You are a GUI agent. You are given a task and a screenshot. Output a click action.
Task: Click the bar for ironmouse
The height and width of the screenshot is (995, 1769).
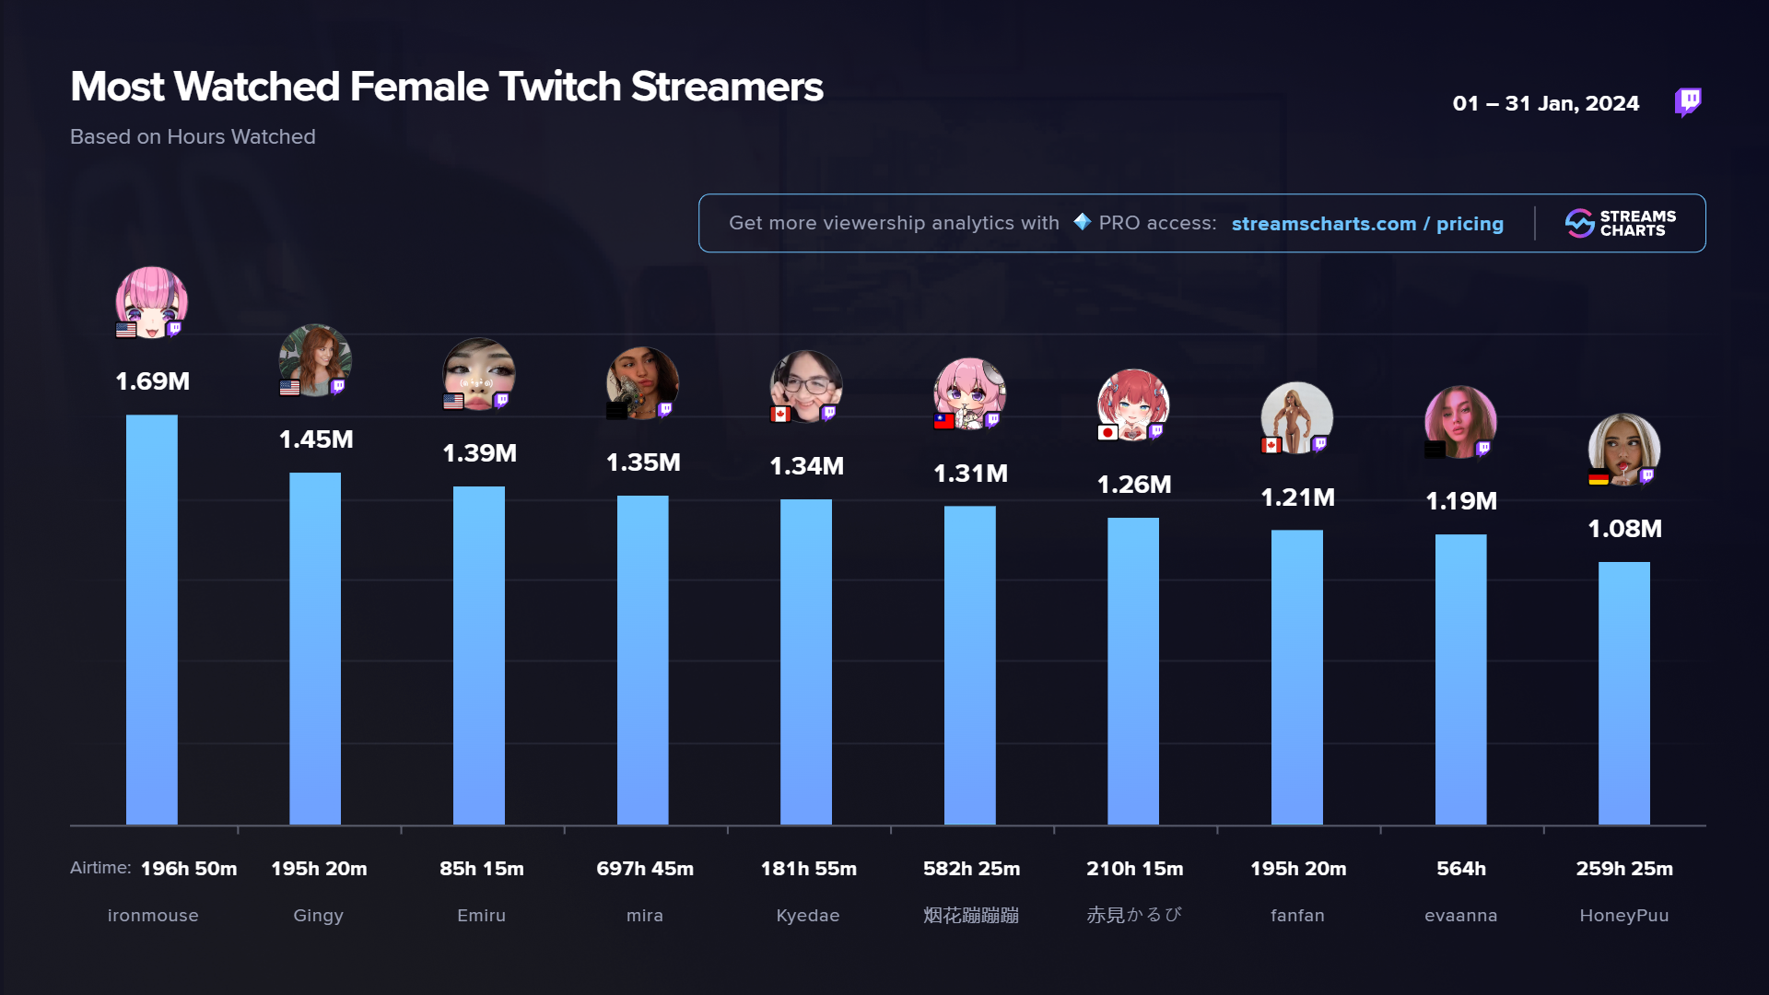pos(152,619)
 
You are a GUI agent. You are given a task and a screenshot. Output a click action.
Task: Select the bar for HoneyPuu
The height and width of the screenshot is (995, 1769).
pos(1623,693)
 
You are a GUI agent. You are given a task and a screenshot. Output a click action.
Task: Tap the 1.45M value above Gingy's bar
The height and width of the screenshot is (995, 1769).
pos(316,439)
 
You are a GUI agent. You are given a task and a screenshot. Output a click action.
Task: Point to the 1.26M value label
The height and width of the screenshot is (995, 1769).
pos(1133,485)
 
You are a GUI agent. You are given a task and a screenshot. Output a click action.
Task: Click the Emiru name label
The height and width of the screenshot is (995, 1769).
pos(481,915)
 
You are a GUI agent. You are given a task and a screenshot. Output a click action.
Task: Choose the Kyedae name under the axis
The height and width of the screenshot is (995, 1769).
pos(807,915)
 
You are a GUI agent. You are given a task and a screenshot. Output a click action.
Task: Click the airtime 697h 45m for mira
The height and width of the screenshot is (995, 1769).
pos(644,869)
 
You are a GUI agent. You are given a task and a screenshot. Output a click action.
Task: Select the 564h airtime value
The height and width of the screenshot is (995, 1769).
pos(1460,869)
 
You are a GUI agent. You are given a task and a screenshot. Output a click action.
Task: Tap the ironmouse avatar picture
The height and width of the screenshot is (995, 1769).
pos(152,301)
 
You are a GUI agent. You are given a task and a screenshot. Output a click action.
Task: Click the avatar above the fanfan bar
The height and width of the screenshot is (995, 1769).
pos(1296,416)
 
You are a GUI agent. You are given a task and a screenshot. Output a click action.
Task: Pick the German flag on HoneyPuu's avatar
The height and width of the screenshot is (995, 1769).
pos(1599,478)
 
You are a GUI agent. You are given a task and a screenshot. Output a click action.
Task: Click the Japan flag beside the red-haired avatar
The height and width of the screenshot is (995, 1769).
pos(1107,432)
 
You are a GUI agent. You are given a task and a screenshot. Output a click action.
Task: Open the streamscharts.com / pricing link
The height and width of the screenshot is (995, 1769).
pos(1366,224)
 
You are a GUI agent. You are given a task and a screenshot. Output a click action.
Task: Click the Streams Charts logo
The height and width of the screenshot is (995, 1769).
pos(1620,223)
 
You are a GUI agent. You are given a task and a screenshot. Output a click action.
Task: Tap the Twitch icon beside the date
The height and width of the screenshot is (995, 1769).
pos(1688,101)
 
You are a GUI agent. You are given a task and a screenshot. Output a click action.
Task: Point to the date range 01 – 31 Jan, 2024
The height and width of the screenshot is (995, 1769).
pos(1545,103)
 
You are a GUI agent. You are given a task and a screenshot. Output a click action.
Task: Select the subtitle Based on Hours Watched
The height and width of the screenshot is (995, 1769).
pos(193,136)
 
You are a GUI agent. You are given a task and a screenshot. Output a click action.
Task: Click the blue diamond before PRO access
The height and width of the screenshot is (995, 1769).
pos(1083,222)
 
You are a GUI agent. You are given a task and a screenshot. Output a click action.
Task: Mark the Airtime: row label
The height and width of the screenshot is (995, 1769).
pos(100,868)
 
